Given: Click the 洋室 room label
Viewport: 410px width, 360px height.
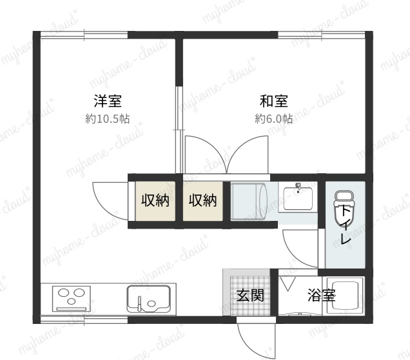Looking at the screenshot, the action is click(x=108, y=101).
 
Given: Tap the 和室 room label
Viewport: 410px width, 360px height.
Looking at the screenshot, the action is click(x=274, y=101).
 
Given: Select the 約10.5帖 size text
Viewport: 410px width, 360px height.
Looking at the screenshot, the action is click(x=108, y=119).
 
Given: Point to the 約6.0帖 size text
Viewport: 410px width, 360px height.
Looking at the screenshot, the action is click(x=274, y=119).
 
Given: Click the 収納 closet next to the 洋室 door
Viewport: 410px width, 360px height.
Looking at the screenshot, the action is click(x=155, y=201).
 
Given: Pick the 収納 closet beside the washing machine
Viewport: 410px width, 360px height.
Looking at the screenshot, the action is click(x=203, y=201).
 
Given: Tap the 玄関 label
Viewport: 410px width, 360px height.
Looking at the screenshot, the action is click(x=250, y=295).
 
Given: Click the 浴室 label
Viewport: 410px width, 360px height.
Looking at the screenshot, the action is click(x=321, y=295).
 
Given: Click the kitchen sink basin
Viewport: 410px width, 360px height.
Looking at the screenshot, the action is click(x=149, y=299).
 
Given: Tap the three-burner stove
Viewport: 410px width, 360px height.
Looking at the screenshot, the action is click(x=72, y=298).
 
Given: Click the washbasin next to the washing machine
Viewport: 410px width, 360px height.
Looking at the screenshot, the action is click(x=298, y=198).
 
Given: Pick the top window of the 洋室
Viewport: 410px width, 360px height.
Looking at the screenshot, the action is click(x=84, y=35).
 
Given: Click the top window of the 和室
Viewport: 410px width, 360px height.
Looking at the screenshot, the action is click(x=321, y=35).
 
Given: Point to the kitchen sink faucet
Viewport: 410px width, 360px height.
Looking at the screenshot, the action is click(x=139, y=303).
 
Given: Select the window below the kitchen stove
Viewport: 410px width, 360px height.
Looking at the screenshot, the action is click(x=84, y=320).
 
